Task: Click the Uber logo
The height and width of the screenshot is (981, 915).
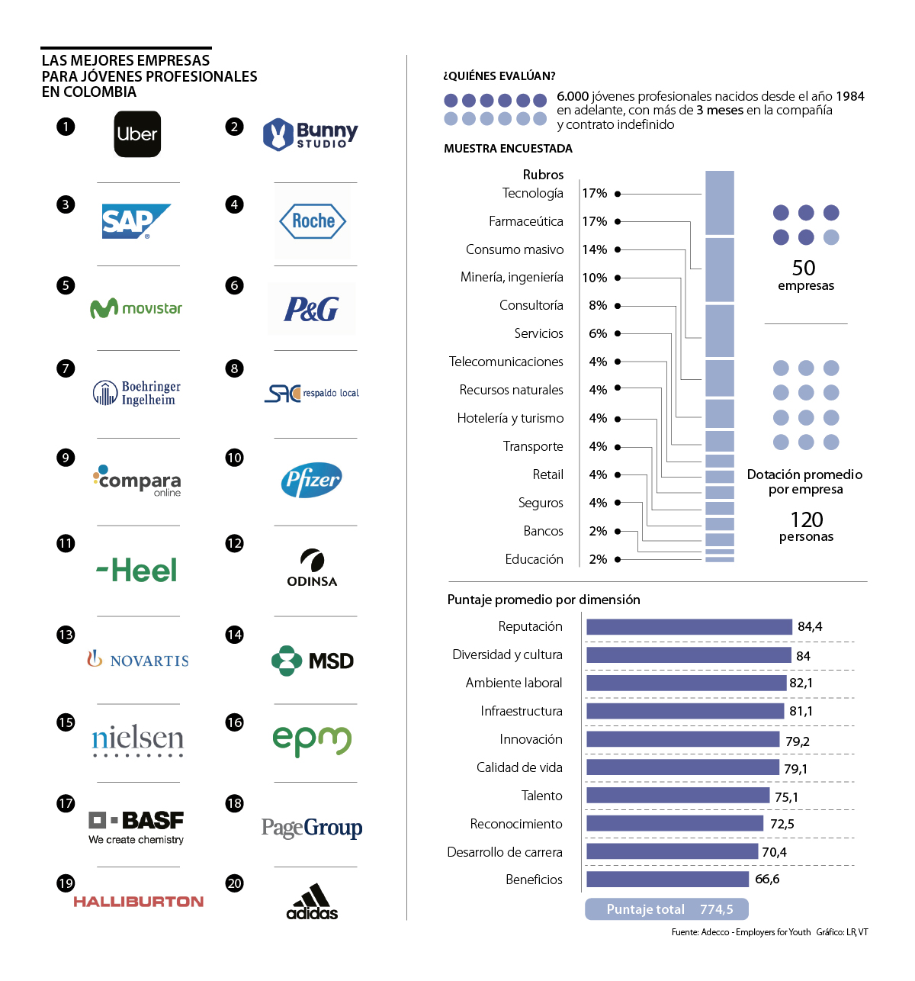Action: tap(137, 134)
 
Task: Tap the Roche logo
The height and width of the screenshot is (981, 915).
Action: tap(313, 221)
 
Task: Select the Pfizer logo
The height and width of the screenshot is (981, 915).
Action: tap(312, 480)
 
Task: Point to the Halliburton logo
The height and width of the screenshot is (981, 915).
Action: tap(138, 902)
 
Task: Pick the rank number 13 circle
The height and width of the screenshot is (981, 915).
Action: tap(66, 635)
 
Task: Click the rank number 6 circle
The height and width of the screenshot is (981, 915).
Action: tap(234, 285)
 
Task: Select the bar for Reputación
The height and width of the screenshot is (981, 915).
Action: tap(689, 626)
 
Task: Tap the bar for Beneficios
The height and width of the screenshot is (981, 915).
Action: tap(667, 880)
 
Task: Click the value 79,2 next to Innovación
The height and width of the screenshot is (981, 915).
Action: tap(798, 741)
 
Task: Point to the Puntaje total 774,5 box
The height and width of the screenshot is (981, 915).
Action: tap(666, 909)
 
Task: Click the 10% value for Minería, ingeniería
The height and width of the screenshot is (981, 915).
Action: tap(595, 278)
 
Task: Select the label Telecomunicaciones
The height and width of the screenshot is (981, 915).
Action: tap(506, 362)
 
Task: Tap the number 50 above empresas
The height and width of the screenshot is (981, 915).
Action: tap(804, 268)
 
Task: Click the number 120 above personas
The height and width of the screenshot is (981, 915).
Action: tap(806, 519)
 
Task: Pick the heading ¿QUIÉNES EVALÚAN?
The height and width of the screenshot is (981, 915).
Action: tap(499, 76)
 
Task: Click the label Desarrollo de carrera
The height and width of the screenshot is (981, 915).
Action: tap(505, 852)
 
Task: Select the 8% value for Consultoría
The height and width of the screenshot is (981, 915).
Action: tap(598, 305)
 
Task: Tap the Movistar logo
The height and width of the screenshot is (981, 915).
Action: tap(136, 308)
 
